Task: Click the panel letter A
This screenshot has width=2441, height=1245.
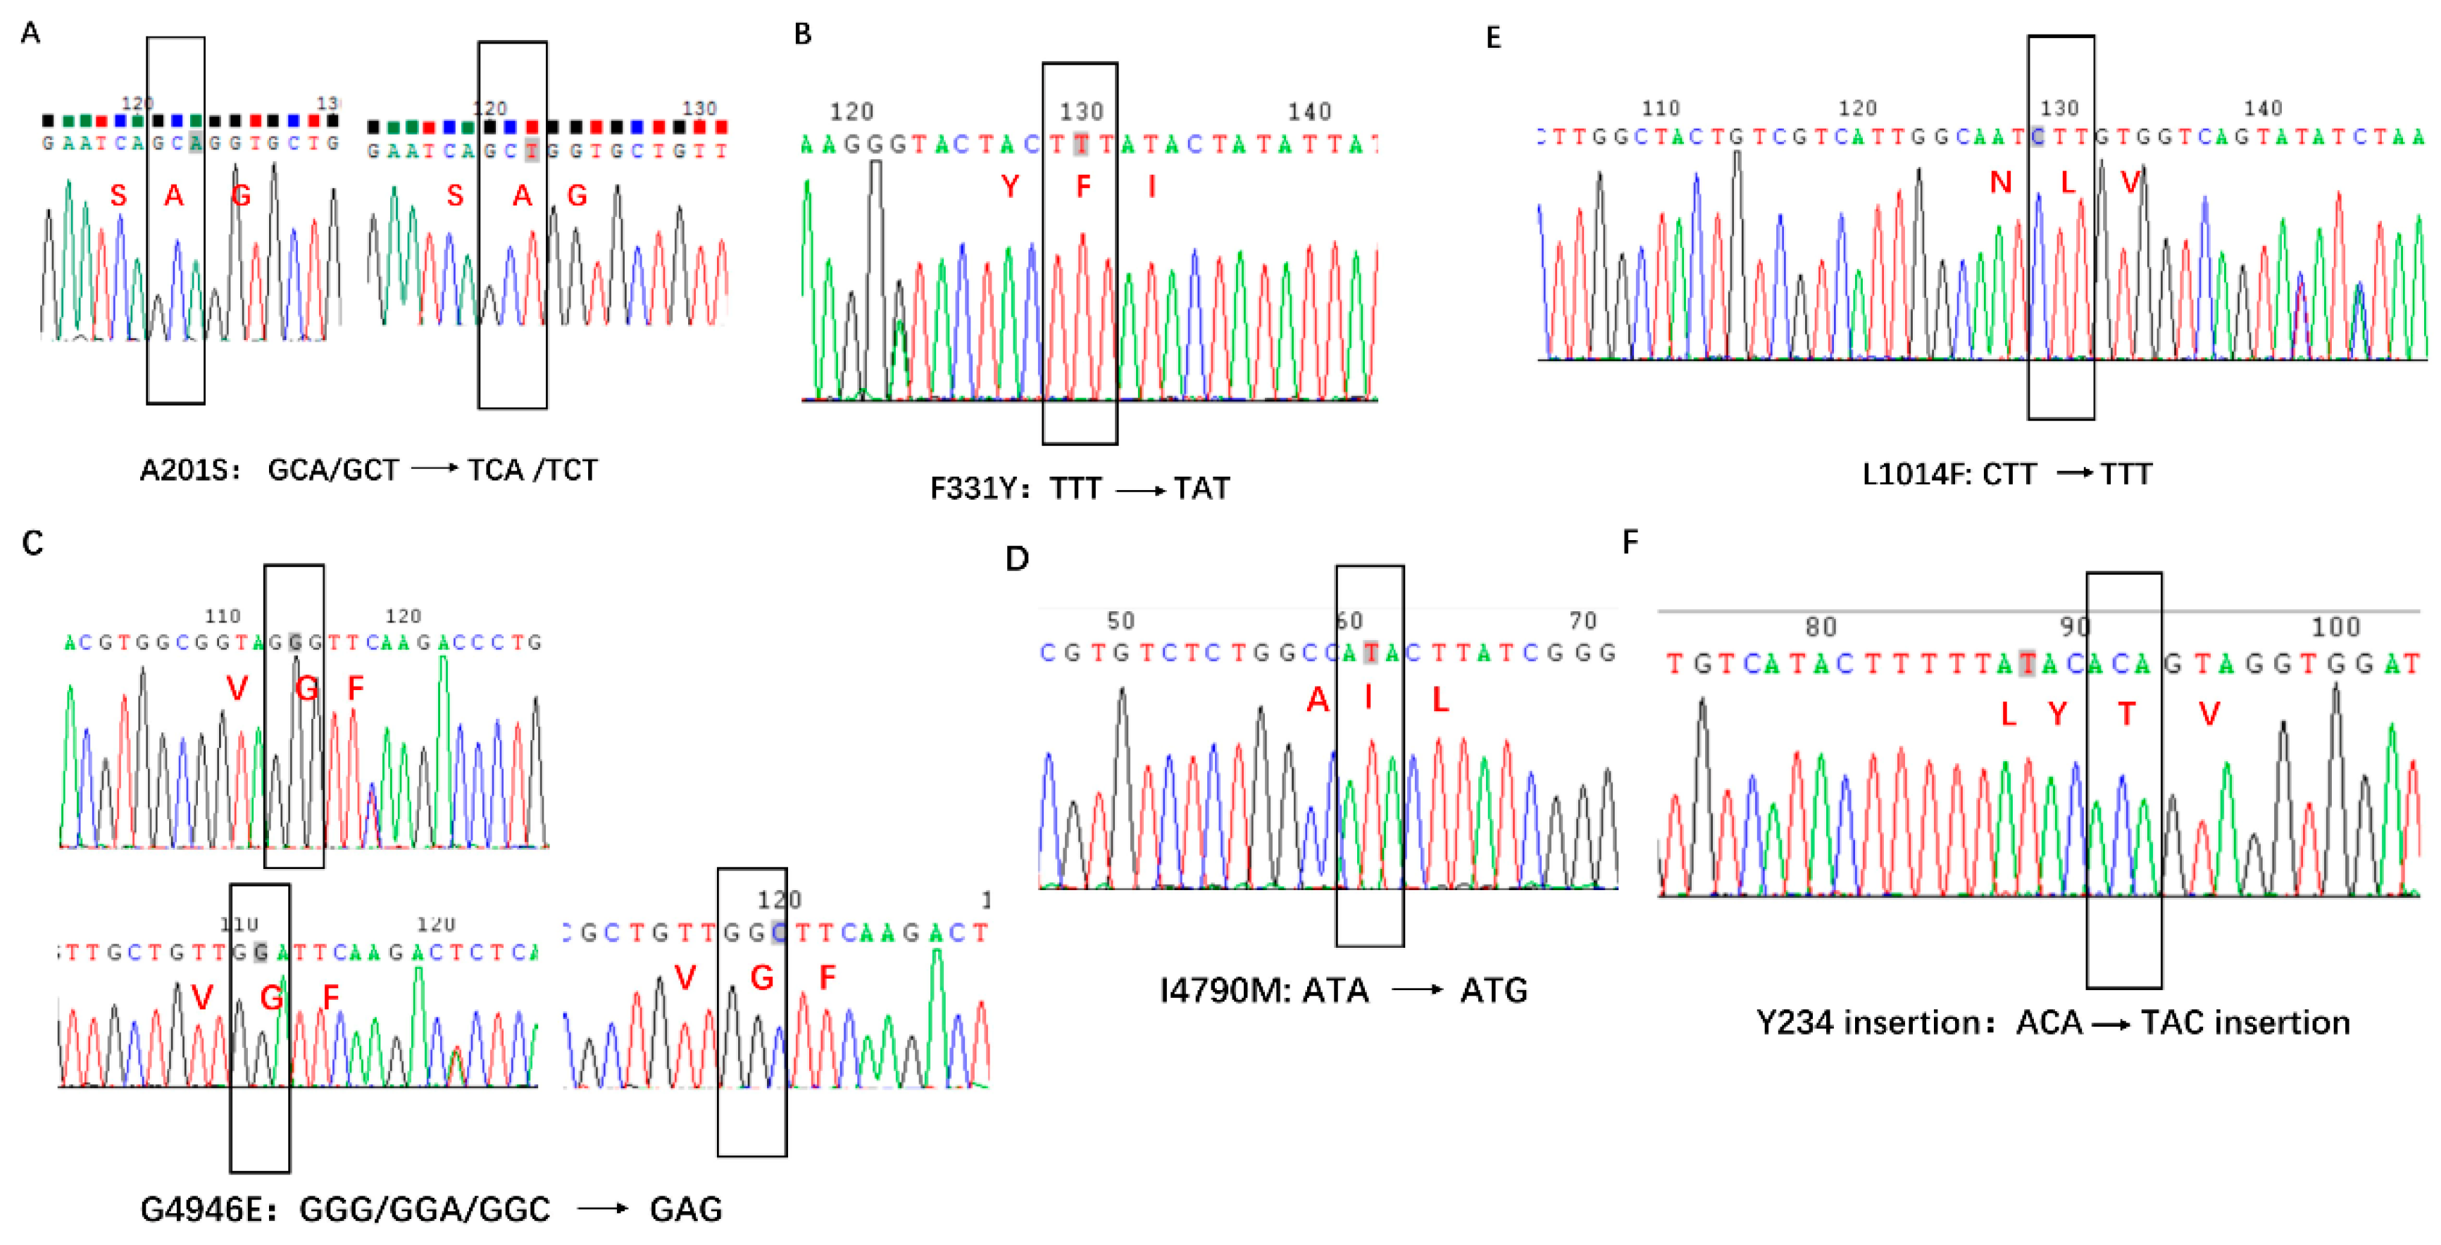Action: pos(30,34)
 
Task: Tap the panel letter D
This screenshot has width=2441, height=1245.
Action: pos(1017,559)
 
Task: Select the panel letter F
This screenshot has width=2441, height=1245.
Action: pos(1630,543)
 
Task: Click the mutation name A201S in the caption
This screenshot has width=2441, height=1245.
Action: pos(189,471)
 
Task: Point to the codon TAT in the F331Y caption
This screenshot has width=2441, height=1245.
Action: pos(1201,489)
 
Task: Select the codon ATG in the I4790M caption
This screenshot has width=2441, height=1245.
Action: pos(1494,991)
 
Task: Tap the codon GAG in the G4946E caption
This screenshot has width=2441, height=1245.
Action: pos(686,1210)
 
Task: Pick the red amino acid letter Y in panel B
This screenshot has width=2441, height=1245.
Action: pos(1010,187)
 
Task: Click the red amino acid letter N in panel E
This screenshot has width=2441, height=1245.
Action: pos(2000,182)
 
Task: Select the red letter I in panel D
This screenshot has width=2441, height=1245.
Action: pos(1368,699)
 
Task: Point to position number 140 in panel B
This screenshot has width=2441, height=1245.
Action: pos(1309,113)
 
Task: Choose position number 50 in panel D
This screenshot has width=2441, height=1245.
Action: pos(1121,622)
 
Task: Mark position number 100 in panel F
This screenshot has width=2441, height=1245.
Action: pos(2336,627)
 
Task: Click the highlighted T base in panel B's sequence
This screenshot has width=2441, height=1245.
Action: pos(1080,145)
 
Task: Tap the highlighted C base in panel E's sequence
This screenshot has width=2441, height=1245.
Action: pos(2037,137)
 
